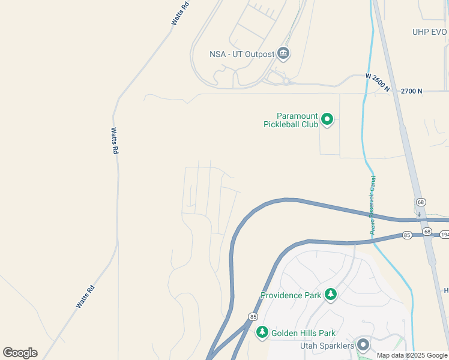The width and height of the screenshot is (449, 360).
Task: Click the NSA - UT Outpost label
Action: tap(242, 54)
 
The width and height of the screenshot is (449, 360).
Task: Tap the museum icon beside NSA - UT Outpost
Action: tap(284, 54)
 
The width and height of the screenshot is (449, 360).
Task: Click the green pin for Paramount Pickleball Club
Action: tap(327, 119)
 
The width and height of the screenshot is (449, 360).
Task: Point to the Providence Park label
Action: tap(291, 295)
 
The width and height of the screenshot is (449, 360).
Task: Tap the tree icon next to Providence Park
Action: tap(330, 295)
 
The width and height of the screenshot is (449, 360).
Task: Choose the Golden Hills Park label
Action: tap(303, 333)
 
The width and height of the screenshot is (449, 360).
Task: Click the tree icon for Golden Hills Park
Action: tap(262, 332)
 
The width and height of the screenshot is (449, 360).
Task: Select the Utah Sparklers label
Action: tap(328, 346)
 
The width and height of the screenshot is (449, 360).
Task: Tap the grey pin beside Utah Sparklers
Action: tap(363, 345)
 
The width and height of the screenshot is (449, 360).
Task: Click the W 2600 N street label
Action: tap(378, 83)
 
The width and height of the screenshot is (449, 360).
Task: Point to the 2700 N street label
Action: tap(411, 91)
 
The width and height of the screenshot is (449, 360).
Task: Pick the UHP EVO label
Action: tap(430, 32)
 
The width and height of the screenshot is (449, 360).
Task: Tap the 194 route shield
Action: tap(444, 235)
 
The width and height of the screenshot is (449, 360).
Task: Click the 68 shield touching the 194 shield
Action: tap(427, 232)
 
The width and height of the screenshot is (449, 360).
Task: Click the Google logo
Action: tap(20, 353)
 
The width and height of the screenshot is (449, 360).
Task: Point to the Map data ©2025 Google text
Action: tap(412, 355)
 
